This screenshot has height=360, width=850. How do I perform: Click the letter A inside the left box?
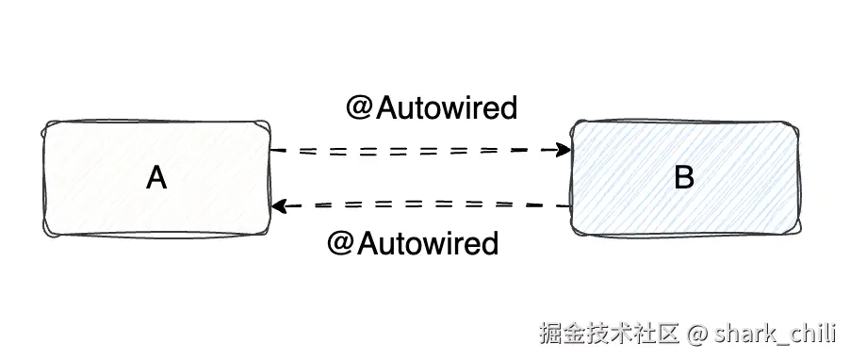156,177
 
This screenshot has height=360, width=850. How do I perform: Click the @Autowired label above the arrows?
432,108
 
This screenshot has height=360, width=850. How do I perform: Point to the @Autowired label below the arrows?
412,244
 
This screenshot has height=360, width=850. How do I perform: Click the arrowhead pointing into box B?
564,150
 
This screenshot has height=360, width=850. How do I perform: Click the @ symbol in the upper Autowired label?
359,108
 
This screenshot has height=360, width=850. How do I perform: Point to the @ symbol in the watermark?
696,334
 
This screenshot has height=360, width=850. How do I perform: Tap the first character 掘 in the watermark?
550,334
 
